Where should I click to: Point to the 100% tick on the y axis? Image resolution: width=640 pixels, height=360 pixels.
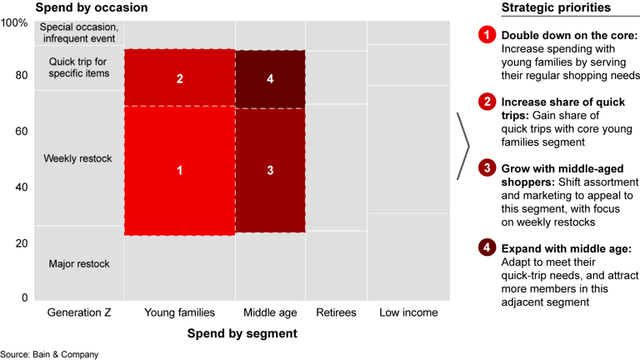point(14,22)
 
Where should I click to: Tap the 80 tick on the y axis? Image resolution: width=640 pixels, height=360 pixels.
point(22,75)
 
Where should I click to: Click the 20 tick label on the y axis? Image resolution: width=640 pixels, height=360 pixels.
point(22,243)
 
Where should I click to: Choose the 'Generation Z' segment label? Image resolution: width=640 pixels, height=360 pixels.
point(79,312)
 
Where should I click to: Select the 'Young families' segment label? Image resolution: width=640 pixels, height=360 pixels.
point(180,312)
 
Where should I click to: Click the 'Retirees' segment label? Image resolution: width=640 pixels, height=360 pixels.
point(336,312)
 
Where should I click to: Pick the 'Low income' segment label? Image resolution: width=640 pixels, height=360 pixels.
point(409,312)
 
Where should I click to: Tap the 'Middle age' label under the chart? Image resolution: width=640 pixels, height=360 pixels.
point(270,312)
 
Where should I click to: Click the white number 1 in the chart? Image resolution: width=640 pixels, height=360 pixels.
point(179,170)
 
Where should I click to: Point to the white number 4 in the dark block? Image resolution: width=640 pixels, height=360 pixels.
point(270,79)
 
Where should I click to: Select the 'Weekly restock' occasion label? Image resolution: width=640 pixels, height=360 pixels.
point(77,158)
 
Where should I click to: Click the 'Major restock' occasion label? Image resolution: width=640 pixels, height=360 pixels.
point(79,264)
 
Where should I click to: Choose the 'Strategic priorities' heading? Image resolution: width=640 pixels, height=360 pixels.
point(555,7)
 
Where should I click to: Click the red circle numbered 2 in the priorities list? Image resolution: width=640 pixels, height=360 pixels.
point(486,102)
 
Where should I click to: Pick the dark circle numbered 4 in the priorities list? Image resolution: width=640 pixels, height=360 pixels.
point(486,248)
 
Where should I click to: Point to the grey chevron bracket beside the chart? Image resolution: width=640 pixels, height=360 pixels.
point(462,147)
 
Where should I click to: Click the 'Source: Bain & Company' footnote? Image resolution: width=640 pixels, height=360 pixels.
point(49,354)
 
